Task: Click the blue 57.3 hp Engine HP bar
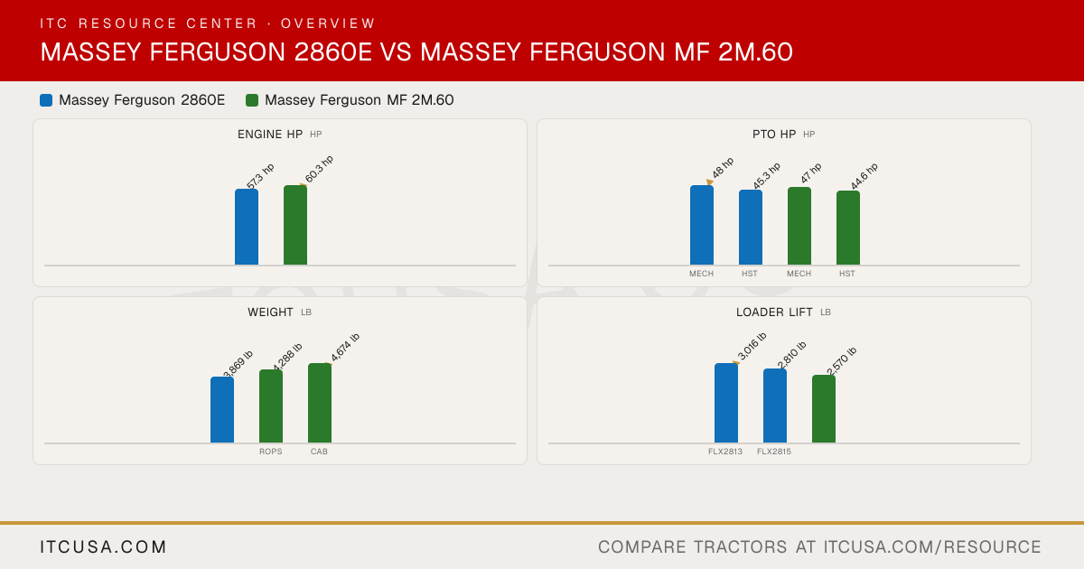[247, 227]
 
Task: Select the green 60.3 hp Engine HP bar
[295, 225]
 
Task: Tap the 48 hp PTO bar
[702, 225]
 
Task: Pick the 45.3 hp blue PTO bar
[751, 228]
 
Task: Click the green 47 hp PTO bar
[799, 226]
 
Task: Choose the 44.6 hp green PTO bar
[848, 228]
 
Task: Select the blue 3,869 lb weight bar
[222, 410]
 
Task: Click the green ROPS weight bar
[271, 406]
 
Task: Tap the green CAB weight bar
[320, 403]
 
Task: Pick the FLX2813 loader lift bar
[726, 403]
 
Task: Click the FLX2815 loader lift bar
[775, 406]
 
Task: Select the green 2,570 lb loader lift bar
[824, 409]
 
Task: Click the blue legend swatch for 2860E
[46, 100]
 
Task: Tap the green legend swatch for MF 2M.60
[252, 100]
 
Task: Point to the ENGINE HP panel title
[270, 135]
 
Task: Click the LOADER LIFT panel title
[774, 312]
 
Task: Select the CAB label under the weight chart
[320, 452]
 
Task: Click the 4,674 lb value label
[345, 348]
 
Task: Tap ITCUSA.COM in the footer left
[103, 546]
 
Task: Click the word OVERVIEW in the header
[328, 23]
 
